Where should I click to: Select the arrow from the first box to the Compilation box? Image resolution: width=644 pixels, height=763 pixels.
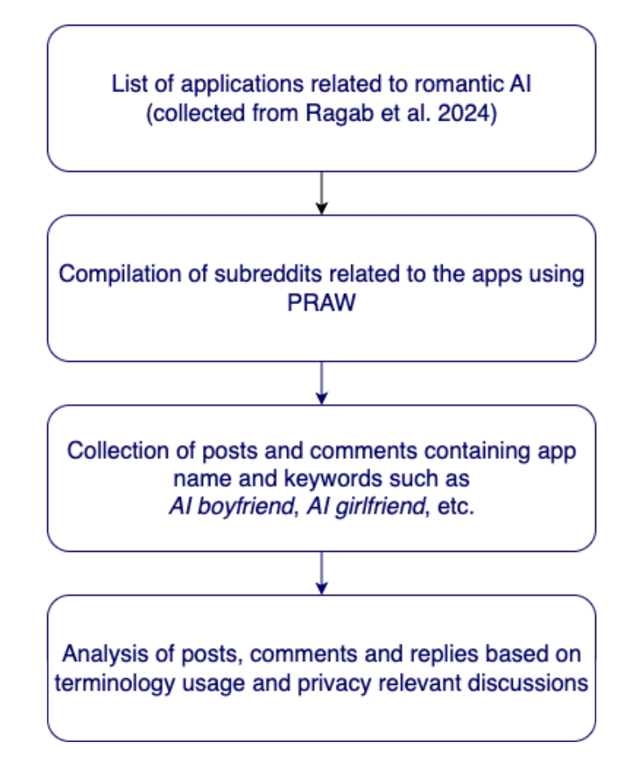[321, 193]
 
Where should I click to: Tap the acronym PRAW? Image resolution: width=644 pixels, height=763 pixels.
[321, 302]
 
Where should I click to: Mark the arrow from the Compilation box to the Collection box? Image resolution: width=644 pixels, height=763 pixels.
[321, 383]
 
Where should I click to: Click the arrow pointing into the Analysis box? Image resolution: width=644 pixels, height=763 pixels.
[321, 573]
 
